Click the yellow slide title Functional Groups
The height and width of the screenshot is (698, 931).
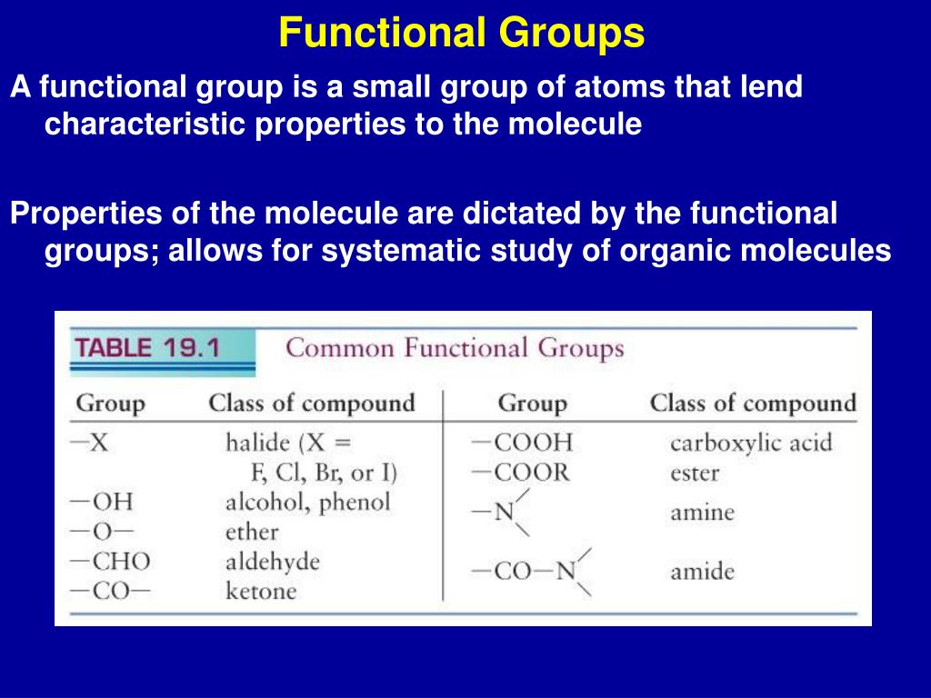click(462, 34)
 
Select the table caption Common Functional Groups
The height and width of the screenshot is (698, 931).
click(455, 348)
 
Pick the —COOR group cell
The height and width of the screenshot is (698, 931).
click(521, 473)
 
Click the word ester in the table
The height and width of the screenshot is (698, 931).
click(695, 474)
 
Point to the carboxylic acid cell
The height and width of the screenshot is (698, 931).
click(751, 444)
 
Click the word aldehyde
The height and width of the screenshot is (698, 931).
click(273, 562)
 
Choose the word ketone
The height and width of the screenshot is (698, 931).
click(261, 592)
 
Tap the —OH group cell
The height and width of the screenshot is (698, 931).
click(102, 502)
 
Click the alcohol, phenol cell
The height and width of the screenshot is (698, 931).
click(307, 502)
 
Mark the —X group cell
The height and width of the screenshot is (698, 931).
click(90, 444)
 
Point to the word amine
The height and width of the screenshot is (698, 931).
click(702, 512)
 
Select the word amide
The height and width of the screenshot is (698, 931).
click(702, 572)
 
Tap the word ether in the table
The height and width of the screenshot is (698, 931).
click(252, 532)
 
